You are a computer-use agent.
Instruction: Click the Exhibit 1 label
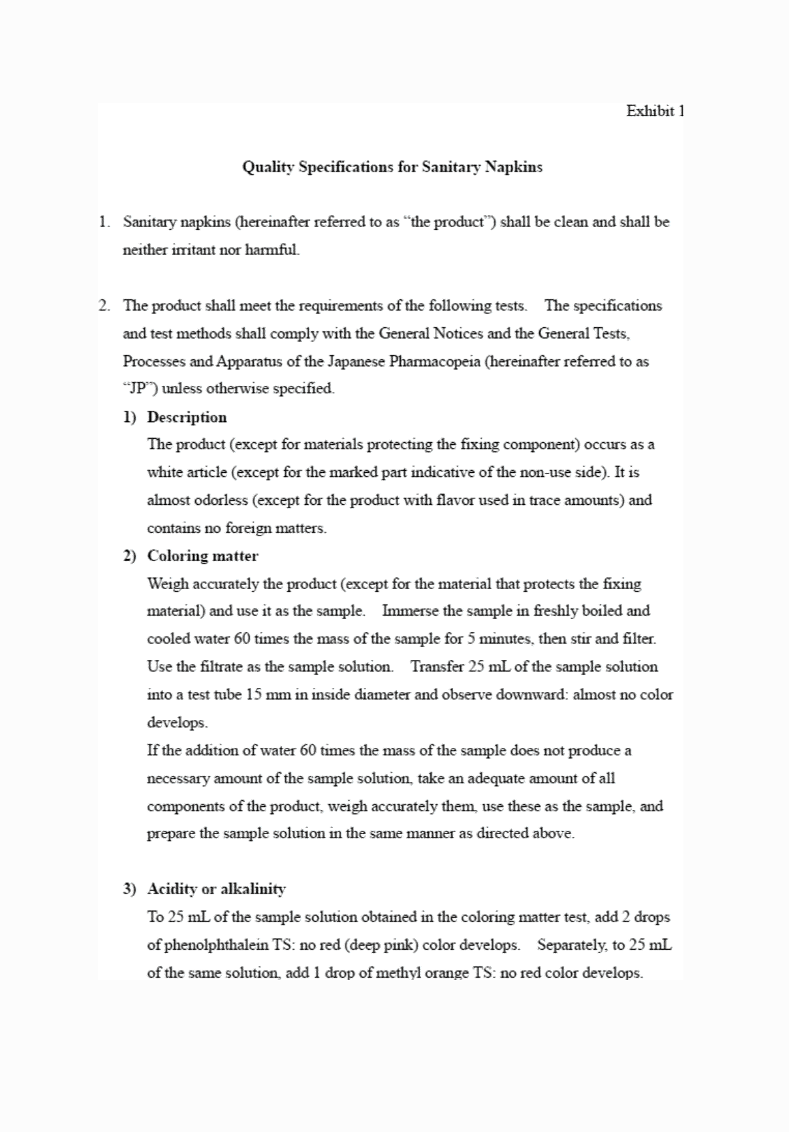[655, 111]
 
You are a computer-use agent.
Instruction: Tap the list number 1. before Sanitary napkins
[104, 222]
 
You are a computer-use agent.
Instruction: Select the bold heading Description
[186, 417]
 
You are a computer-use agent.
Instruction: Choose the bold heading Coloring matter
[202, 556]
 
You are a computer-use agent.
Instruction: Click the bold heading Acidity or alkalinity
[216, 889]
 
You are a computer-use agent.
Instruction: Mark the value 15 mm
[264, 695]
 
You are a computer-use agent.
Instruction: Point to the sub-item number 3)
[130, 889]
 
